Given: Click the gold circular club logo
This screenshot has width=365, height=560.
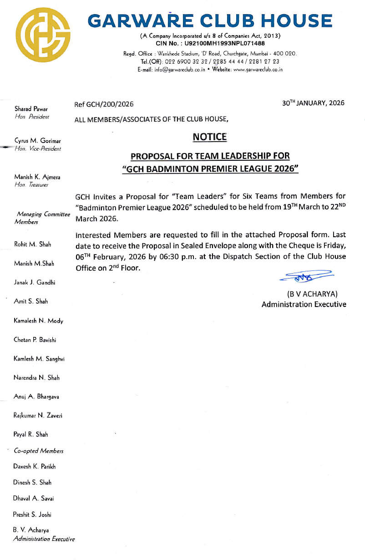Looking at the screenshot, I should pyautogui.click(x=44, y=35).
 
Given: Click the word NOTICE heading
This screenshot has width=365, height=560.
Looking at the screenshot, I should pyautogui.click(x=209, y=137).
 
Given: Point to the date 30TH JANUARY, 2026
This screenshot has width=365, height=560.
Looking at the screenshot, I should pyautogui.click(x=313, y=103).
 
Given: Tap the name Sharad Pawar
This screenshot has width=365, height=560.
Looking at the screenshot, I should pyautogui.click(x=31, y=109).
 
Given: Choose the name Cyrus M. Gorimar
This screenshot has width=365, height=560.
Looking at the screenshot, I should pyautogui.click(x=38, y=141).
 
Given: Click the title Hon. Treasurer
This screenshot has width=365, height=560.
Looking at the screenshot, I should pyautogui.click(x=31, y=185).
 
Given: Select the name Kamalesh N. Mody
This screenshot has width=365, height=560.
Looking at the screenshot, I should pyautogui.click(x=39, y=321).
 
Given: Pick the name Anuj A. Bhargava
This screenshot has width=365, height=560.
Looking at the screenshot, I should pyautogui.click(x=37, y=397).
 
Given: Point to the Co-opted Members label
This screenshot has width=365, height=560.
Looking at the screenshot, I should pyautogui.click(x=39, y=451).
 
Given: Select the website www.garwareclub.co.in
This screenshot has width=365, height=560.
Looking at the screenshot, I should pyautogui.click(x=258, y=70).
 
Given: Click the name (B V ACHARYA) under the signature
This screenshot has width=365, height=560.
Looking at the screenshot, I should pyautogui.click(x=312, y=294).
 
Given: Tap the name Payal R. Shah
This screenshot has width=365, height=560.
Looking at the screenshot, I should pyautogui.click(x=31, y=434).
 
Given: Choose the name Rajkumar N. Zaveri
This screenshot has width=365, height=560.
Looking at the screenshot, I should pyautogui.click(x=38, y=416).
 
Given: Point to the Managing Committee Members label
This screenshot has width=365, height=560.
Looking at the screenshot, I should pyautogui.click(x=43, y=217).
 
